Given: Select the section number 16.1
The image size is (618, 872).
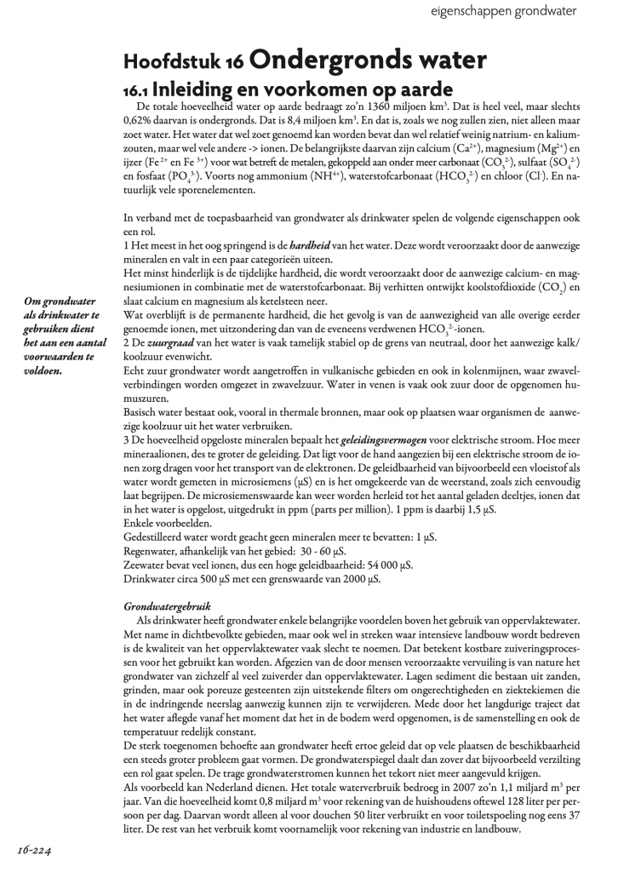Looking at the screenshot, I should pos(141,88).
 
